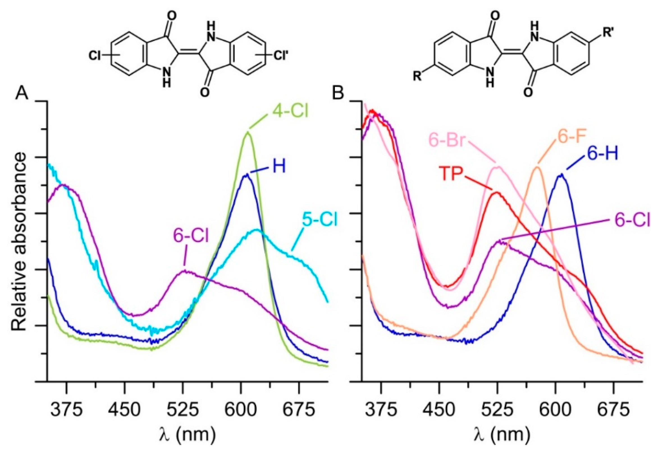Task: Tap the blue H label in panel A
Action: tap(279, 168)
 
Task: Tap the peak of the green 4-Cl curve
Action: tap(248, 132)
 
